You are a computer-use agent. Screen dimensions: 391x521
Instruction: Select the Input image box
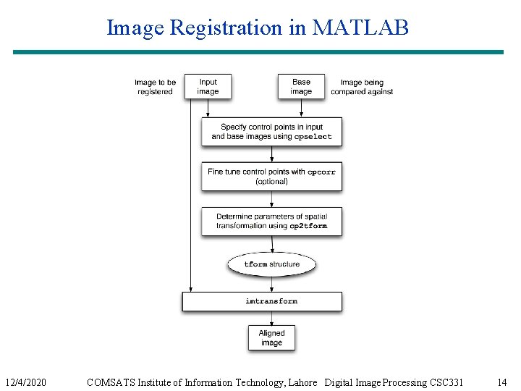coord(208,87)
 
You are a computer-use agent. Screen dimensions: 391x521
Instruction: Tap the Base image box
coord(301,87)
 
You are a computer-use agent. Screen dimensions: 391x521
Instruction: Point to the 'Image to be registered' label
coord(155,87)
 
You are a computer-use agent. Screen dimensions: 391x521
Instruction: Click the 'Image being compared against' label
coord(362,87)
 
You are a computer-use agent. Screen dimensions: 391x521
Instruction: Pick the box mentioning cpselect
coord(271,132)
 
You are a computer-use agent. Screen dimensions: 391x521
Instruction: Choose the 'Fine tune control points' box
coord(271,177)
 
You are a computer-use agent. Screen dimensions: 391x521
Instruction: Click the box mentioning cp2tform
coord(271,221)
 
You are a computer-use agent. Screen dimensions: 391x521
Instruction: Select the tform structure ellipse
coord(271,264)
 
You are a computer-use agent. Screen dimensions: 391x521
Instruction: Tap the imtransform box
coord(262,301)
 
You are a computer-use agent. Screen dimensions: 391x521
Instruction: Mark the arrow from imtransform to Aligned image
coord(271,318)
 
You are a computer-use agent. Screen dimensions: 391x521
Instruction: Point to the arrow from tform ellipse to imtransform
coord(271,284)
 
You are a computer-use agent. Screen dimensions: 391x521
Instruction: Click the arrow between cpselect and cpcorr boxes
coord(271,154)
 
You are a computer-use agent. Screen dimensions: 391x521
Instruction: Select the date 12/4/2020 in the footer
coord(25,382)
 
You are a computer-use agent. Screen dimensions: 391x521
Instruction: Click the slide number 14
coord(501,382)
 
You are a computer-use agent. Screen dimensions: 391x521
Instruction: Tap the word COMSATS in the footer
coord(109,382)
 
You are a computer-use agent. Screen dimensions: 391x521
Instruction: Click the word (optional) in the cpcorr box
coord(271,182)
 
